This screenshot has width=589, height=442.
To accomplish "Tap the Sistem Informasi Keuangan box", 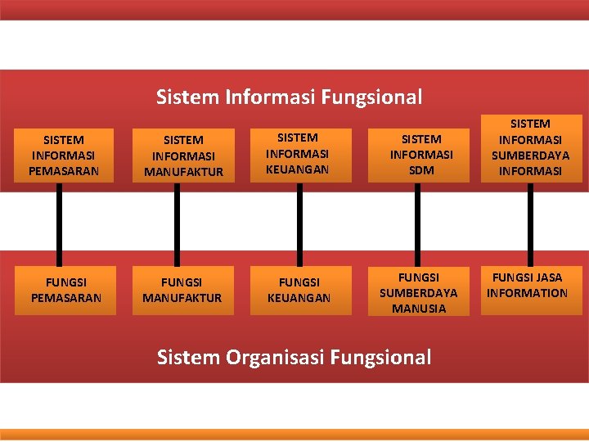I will (298, 154).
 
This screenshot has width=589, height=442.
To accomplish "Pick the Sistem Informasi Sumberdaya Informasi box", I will (530, 147).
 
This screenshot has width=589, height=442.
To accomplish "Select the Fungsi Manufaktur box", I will (182, 290).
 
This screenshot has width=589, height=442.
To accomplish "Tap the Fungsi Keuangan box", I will (299, 290).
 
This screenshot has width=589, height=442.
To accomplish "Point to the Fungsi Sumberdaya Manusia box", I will (419, 291).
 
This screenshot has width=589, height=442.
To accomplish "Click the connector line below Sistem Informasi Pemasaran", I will (59, 223).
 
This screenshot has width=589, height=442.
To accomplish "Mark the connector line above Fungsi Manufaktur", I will (176, 223).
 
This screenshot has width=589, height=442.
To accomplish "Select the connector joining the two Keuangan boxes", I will (299, 223).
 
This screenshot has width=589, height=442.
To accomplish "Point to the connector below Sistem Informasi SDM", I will (417, 223).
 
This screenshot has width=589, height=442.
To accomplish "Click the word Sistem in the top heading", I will (187, 98).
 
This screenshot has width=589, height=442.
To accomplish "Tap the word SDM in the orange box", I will (422, 170).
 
